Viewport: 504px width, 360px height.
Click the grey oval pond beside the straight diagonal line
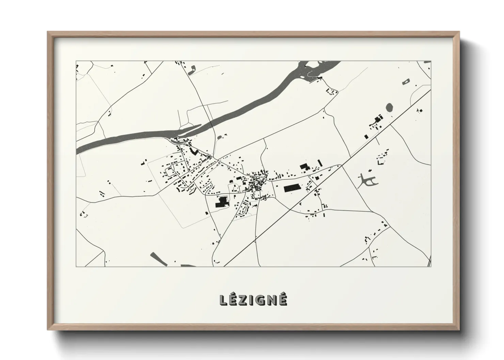pyautogui.click(x=389, y=108)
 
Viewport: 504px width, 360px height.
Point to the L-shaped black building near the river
pyautogui.click(x=194, y=152)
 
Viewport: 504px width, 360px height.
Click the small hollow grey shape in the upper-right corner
pyautogui.click(x=406, y=81)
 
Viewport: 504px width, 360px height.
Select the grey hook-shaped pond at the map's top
pyautogui.click(x=191, y=69)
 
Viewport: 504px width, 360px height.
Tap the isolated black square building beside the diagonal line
pyautogui.click(x=366, y=136)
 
